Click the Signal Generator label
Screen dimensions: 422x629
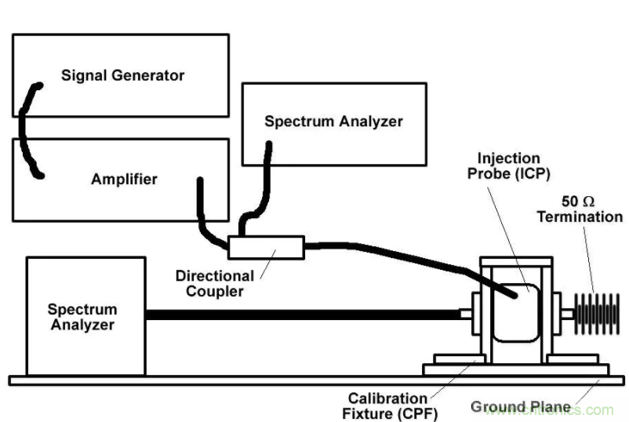tap(122, 76)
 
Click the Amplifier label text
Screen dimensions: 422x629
tap(123, 179)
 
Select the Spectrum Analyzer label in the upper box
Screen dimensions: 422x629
tap(333, 122)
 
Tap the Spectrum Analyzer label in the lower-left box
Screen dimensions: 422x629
tap(82, 317)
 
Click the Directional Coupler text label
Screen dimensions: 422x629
tap(215, 283)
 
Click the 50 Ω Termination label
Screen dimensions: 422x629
tap(580, 209)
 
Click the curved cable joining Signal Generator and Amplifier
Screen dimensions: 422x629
tap(26, 129)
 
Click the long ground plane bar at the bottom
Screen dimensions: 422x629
tap(314, 380)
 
